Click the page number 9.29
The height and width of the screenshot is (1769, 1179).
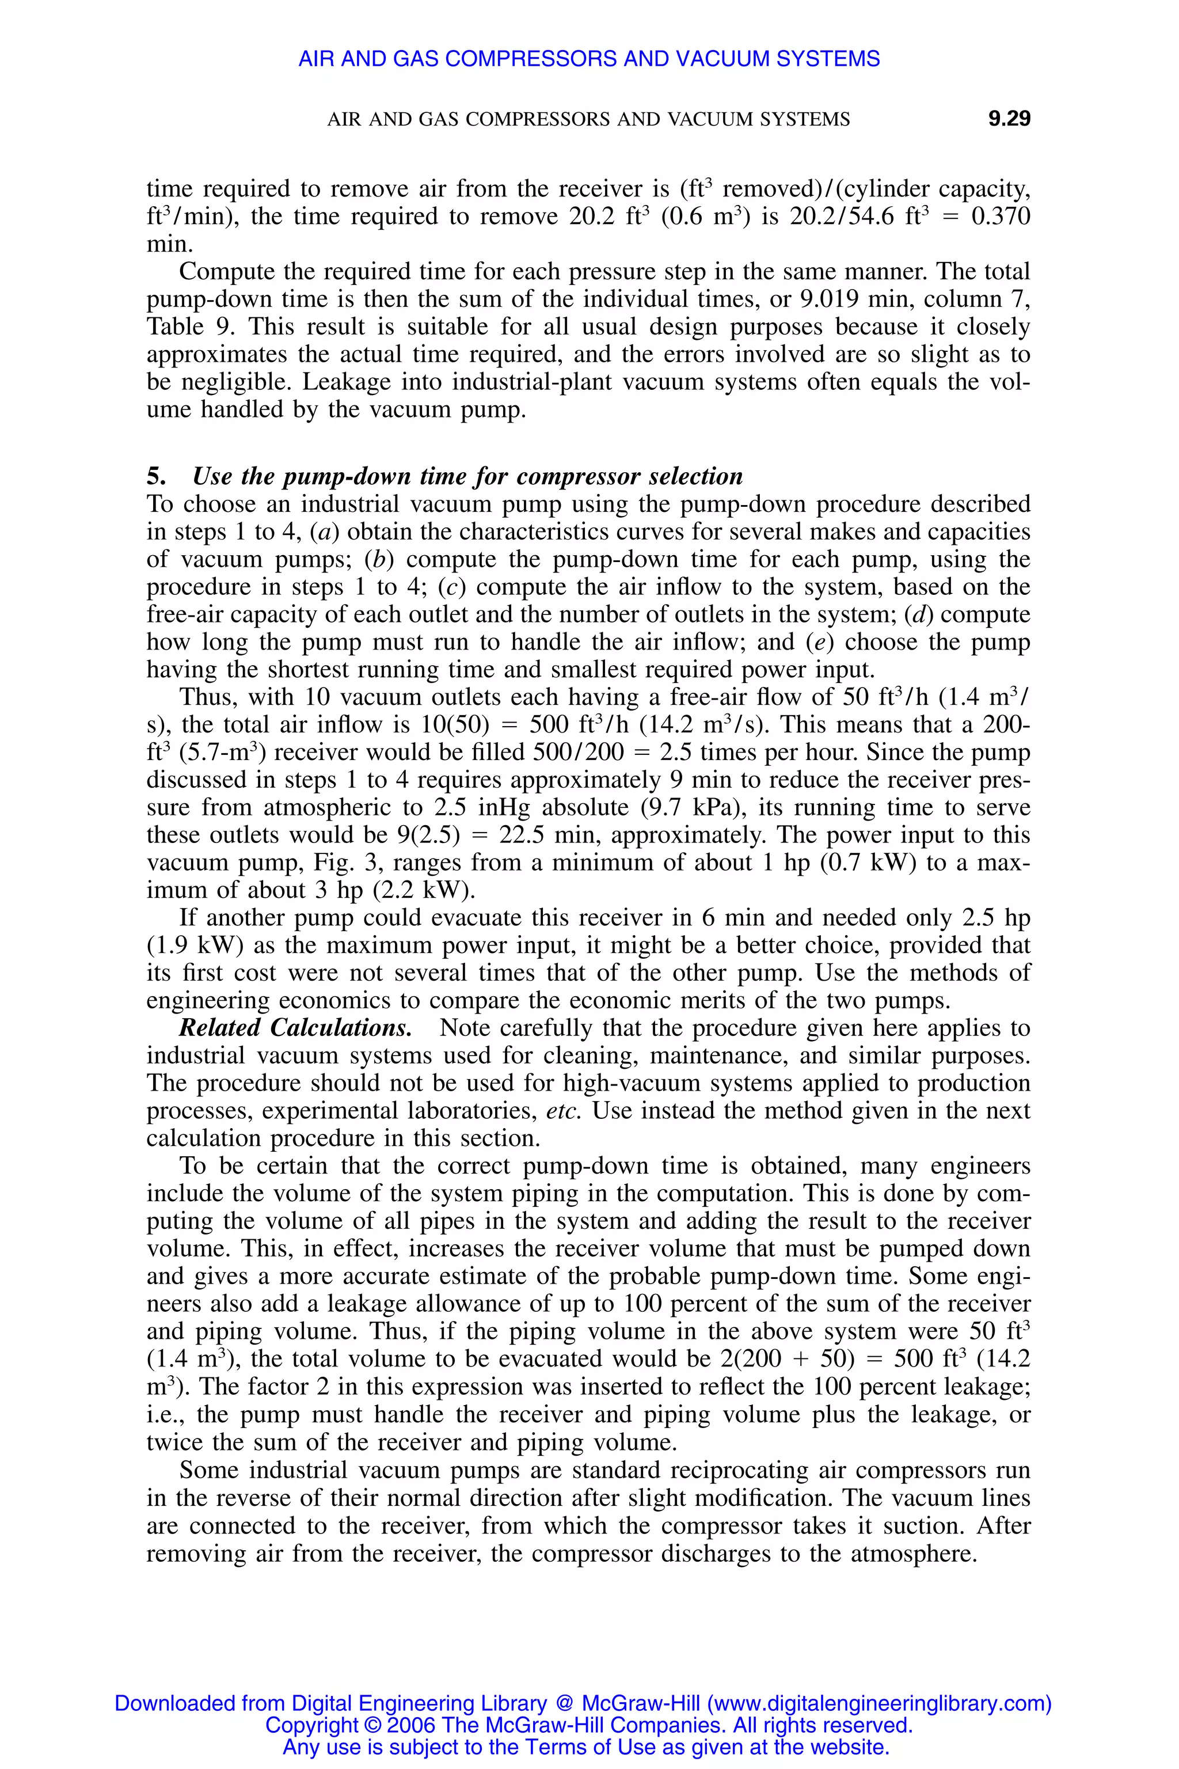click(x=1009, y=119)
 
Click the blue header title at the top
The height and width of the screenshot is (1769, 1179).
click(x=589, y=59)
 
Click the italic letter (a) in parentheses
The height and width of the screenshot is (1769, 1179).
click(x=325, y=533)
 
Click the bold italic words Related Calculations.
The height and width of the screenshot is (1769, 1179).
click(x=295, y=1028)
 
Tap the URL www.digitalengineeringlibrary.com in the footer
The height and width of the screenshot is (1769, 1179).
click(x=876, y=1703)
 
